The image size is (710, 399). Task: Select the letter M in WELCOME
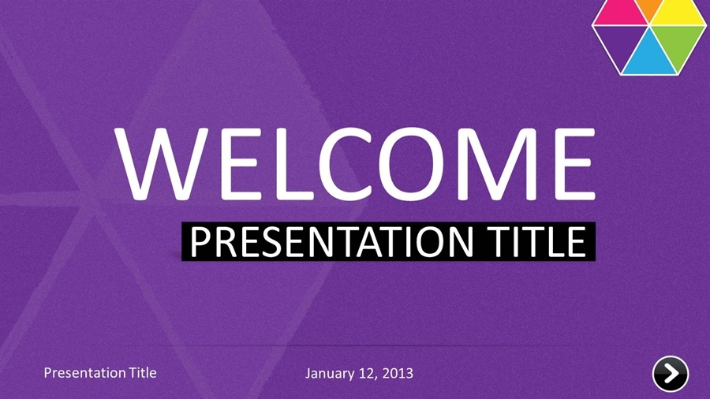point(492,163)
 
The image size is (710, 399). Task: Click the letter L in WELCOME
point(271,163)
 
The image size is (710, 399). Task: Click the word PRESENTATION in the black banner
point(328,241)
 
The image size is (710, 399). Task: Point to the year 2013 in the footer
point(397,372)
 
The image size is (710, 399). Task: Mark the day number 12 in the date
point(366,372)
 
